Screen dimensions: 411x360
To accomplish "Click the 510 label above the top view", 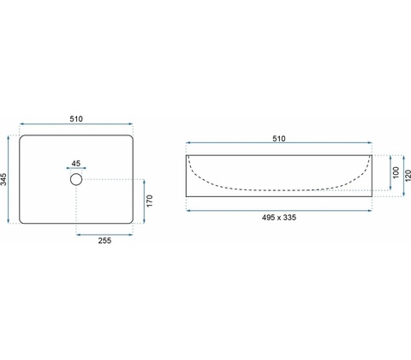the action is tap(76, 119).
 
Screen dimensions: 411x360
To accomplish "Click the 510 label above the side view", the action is tap(279, 139).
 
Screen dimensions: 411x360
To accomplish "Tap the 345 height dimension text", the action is tap(3, 179).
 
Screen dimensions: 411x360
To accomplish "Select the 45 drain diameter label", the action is tap(76, 164).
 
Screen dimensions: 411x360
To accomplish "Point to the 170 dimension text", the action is tap(149, 201).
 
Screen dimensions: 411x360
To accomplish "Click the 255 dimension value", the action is tap(104, 241).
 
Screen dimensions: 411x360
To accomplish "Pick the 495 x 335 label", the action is tap(279, 218).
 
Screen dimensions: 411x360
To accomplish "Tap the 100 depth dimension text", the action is tap(396, 172).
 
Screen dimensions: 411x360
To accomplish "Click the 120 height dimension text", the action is tap(408, 176).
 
